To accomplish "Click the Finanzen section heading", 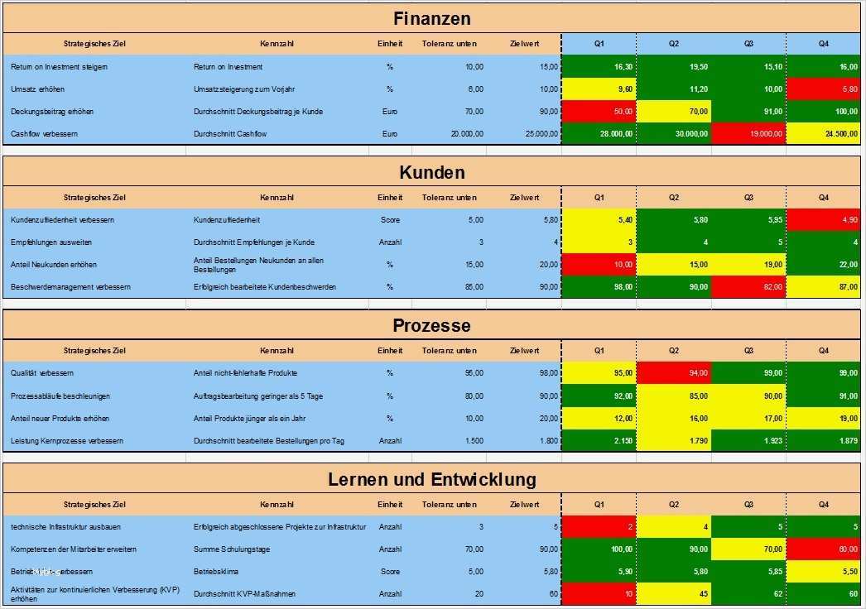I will coord(431,18).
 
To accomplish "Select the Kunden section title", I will coord(431,172).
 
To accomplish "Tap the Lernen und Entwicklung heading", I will coord(431,479).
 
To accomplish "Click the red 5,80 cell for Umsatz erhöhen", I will coord(824,89).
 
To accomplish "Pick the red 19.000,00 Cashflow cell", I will coord(749,133).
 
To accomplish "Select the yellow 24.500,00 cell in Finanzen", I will coord(824,133).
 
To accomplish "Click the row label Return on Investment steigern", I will coord(60,66).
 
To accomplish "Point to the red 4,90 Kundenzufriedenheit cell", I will coord(824,220).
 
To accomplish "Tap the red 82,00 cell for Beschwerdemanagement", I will coord(749,286).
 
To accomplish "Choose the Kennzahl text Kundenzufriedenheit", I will coord(226,220).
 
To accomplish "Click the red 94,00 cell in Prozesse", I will coord(674,373).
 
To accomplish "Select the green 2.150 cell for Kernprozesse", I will coord(599,441).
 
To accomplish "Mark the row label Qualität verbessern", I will coord(43,373).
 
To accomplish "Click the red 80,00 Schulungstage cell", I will coord(824,549).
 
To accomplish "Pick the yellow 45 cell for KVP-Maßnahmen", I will coord(674,593).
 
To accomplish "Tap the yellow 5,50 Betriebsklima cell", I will coord(824,572).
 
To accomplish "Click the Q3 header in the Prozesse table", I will coord(748,351).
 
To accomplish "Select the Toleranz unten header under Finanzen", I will coord(449,43).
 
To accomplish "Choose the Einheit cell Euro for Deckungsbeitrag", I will coord(390,111).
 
